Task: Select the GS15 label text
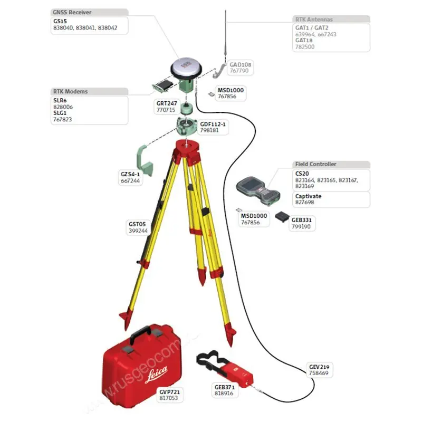pos(60,22)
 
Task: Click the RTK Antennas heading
pos(314,19)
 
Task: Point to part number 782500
pos(305,46)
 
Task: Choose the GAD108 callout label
pos(240,64)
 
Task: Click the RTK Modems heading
pos(70,91)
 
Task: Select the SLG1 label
pos(60,113)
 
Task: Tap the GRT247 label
pos(166,103)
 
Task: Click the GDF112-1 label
pos(213,124)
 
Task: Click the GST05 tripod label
pos(137,224)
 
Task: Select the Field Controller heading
pos(315,164)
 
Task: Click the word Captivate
pos(308,196)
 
